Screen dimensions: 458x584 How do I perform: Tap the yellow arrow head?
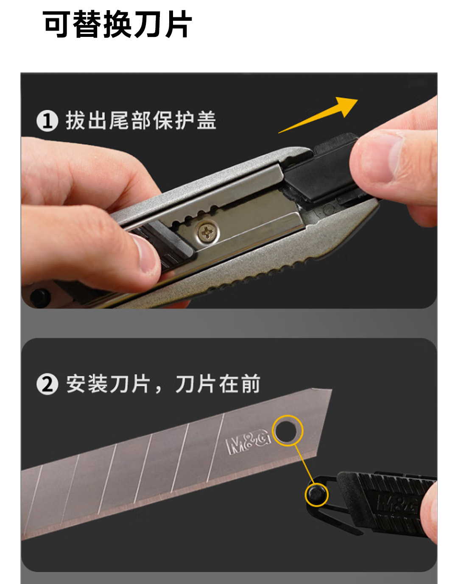tap(347, 106)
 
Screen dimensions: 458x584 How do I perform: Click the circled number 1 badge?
tap(47, 121)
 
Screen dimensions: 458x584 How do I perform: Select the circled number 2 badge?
tap(47, 384)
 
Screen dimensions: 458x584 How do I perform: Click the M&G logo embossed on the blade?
tap(248, 442)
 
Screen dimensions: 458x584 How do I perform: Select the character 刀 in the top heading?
tap(148, 24)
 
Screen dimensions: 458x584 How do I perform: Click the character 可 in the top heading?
tap(56, 24)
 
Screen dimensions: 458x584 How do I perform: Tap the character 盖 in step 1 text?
tap(207, 120)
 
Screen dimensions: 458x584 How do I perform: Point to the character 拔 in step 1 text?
tap(75, 120)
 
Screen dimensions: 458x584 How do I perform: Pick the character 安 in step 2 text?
tap(76, 384)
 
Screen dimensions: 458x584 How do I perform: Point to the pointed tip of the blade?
tap(331, 389)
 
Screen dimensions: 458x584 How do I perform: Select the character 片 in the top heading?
tap(178, 24)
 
